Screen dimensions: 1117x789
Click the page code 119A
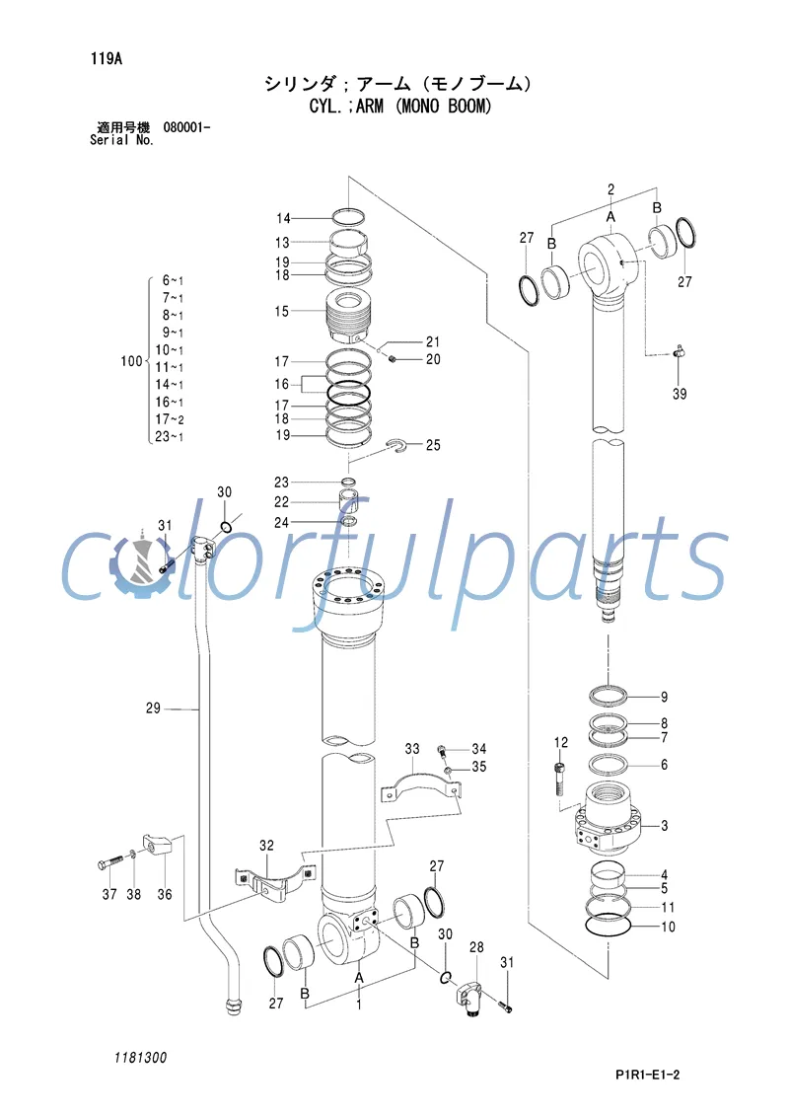click(x=105, y=58)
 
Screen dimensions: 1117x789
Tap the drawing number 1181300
click(x=140, y=1058)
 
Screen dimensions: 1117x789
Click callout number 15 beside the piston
click(x=282, y=312)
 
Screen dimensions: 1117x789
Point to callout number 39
click(x=680, y=394)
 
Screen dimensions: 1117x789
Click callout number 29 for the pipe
click(x=153, y=707)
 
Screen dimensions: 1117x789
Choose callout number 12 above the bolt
click(x=561, y=742)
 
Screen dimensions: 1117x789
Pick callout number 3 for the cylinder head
click(x=665, y=825)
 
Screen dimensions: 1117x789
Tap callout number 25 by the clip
click(x=433, y=446)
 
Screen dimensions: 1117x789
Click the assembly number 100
click(x=131, y=362)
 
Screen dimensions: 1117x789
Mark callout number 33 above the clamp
click(x=412, y=749)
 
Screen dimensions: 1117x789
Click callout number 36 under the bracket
click(x=165, y=895)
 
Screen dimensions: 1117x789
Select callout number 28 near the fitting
click(x=476, y=948)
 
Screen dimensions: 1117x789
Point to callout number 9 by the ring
click(x=664, y=696)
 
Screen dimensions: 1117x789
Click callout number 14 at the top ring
click(x=283, y=218)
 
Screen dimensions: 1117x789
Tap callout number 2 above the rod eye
click(x=610, y=188)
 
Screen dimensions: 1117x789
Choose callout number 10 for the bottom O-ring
click(x=668, y=927)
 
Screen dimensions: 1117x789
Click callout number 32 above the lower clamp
click(x=266, y=846)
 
